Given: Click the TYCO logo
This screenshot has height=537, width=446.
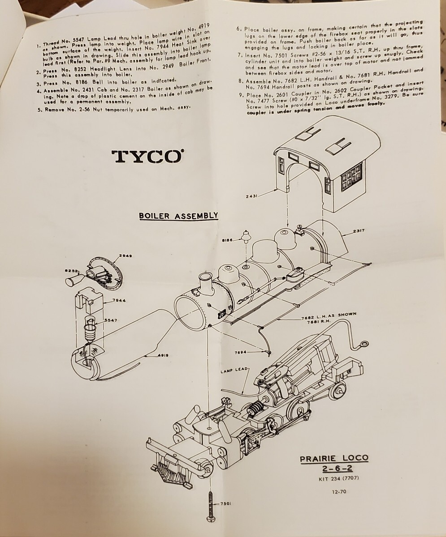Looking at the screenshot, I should (147, 156).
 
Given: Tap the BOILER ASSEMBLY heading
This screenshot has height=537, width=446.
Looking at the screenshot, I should (178, 216).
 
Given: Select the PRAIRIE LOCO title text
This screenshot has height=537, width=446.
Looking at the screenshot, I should (334, 458).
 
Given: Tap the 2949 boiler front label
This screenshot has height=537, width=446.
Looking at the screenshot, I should (126, 256).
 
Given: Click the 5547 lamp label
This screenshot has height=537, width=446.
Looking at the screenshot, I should (111, 320).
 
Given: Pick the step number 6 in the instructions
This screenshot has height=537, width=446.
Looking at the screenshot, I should (239, 29).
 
